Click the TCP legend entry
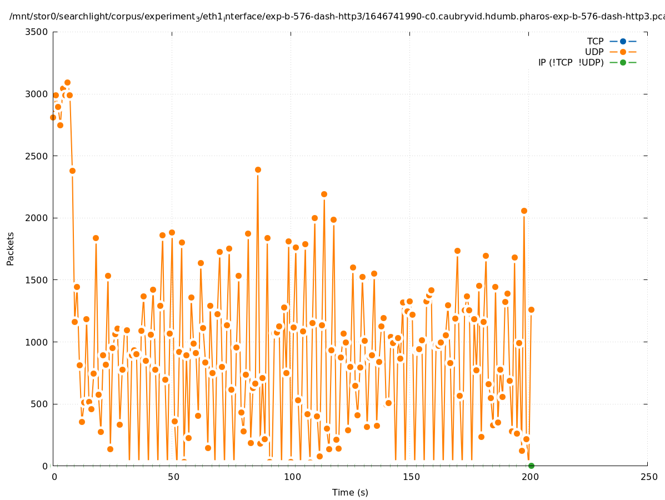595,41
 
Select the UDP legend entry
594,52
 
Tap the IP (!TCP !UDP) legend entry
571,62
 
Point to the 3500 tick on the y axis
37,32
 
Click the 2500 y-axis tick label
37,156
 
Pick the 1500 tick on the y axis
37,280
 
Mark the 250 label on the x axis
648,477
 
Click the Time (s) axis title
350,492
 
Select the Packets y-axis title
11,248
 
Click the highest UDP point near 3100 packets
67,83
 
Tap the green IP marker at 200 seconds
531,466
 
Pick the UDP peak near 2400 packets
258,169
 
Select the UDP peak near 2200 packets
324,194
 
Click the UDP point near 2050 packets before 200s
524,211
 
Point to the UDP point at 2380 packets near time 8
72,171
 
